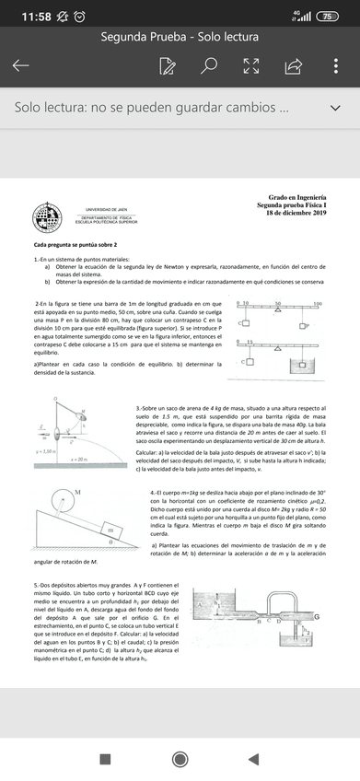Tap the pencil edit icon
167,66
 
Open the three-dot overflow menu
338,66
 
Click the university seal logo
47,218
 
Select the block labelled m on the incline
110,530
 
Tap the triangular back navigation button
253,758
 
